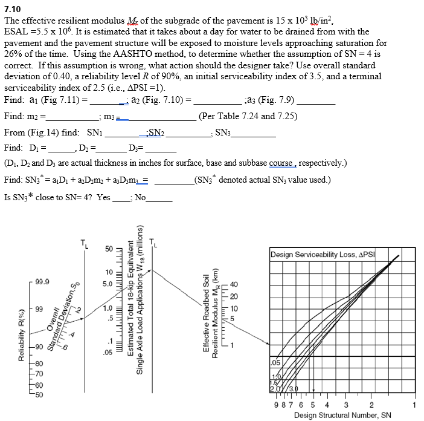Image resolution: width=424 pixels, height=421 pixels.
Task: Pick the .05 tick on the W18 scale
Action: [107, 351]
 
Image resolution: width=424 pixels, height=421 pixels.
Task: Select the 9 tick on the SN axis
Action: [275, 405]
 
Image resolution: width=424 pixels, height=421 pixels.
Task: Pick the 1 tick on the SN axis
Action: [415, 405]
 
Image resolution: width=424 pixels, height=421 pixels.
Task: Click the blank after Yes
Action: [121, 197]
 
